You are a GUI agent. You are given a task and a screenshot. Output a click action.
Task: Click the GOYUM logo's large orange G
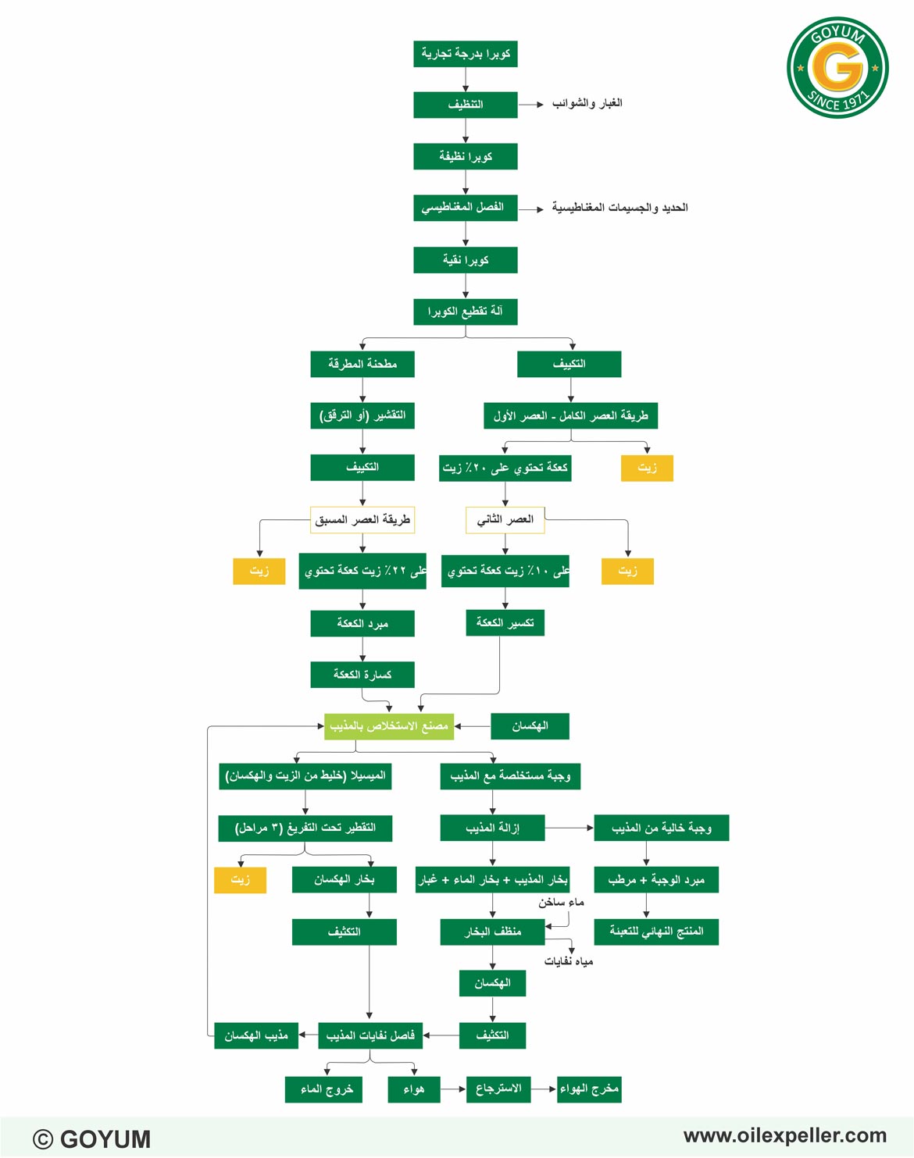tap(837, 67)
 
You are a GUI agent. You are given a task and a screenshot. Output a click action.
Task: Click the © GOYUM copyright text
tap(91, 1138)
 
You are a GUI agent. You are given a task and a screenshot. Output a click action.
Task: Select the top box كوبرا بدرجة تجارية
tap(465, 54)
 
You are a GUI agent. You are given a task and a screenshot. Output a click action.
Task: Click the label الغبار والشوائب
tap(587, 103)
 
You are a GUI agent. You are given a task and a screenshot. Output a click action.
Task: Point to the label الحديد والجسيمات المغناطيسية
tap(619, 208)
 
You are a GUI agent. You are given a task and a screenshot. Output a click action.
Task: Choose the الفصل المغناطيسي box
tap(465, 208)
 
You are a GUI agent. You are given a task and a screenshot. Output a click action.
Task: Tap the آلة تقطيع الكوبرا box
tap(465, 312)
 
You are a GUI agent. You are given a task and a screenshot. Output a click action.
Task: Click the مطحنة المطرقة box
tap(362, 365)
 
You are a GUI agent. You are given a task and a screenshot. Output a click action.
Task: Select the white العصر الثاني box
tap(505, 520)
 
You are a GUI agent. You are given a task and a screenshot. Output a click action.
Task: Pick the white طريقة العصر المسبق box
tap(362, 520)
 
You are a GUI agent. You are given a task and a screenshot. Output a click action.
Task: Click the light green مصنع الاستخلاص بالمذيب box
tap(388, 726)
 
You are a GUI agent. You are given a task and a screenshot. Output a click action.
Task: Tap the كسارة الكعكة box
tap(362, 675)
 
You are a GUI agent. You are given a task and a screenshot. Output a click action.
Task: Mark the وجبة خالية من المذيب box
tap(662, 828)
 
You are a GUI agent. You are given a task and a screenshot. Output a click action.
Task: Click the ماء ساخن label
tap(561, 903)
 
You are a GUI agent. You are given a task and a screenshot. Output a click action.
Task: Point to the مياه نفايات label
tap(569, 961)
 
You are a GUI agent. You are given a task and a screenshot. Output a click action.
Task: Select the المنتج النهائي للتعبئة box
tap(656, 932)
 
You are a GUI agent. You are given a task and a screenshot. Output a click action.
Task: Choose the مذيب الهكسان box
tap(256, 1035)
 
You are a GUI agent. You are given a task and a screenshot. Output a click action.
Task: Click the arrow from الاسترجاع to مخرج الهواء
tap(543, 1089)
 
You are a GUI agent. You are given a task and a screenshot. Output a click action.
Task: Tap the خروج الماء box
tap(323, 1089)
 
